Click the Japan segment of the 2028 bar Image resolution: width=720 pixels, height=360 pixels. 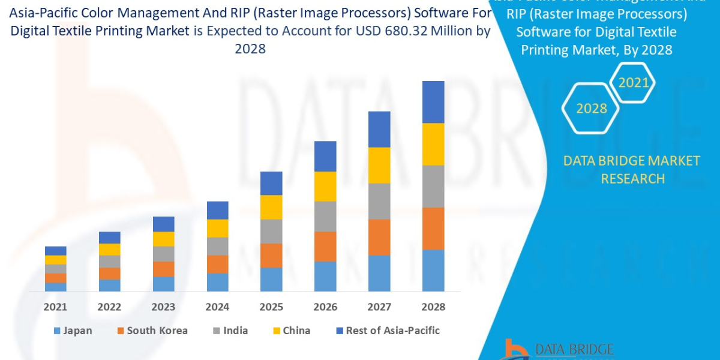(x=433, y=270)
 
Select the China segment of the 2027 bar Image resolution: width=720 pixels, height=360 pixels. (x=379, y=165)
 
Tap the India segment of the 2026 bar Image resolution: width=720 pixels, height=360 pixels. (x=325, y=216)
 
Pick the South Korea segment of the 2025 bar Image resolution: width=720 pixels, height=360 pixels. (x=271, y=255)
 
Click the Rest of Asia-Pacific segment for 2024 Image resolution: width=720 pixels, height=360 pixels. (x=217, y=210)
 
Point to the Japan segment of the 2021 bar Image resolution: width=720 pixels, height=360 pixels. (x=55, y=287)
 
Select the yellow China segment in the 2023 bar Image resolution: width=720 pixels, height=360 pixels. (x=163, y=239)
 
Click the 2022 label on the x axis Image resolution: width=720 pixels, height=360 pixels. (x=109, y=307)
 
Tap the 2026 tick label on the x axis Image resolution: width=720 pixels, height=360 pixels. (x=325, y=307)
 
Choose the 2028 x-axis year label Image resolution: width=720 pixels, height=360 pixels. (x=433, y=307)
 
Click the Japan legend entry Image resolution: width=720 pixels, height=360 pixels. (x=73, y=331)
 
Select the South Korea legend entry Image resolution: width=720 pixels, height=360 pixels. (x=151, y=331)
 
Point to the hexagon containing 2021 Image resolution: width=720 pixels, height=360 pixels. (x=633, y=83)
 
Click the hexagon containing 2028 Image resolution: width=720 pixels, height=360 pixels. (x=592, y=109)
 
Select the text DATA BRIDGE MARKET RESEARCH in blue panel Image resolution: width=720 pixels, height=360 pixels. (x=632, y=170)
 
